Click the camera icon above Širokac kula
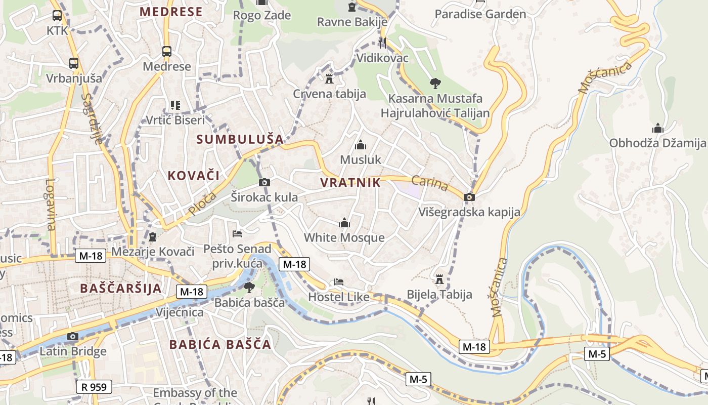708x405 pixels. tap(264, 182)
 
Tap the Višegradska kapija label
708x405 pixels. tap(469, 212)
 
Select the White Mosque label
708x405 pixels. tap(344, 237)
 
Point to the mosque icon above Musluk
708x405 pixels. tap(360, 146)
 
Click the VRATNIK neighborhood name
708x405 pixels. tap(350, 183)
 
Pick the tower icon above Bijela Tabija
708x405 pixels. tap(439, 279)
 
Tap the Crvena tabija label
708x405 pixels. tap(329, 94)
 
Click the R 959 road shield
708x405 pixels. tap(94, 387)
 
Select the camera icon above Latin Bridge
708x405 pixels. tap(73, 336)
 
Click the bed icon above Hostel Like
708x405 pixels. tap(339, 282)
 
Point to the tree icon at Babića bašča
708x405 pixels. tap(249, 288)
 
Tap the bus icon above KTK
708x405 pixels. tap(57, 16)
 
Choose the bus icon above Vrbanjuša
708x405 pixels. tap(74, 63)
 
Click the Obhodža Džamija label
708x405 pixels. tap(656, 143)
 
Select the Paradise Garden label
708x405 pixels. tap(480, 14)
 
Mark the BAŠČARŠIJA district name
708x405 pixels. tap(121, 289)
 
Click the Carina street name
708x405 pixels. tap(430, 183)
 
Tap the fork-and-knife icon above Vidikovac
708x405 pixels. tap(382, 43)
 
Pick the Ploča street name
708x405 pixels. tap(202, 203)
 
